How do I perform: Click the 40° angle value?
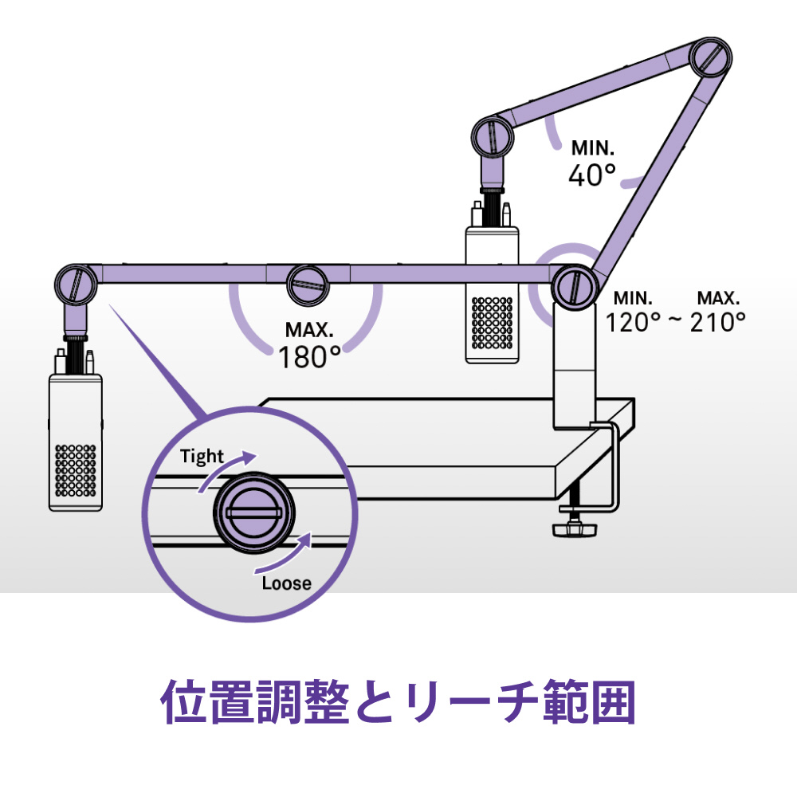click(x=592, y=175)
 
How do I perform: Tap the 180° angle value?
click(x=309, y=356)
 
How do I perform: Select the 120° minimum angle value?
click(x=634, y=322)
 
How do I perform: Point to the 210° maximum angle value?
click(x=718, y=322)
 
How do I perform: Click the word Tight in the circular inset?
click(x=202, y=457)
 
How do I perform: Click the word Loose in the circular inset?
click(x=287, y=583)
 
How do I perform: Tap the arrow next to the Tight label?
click(x=226, y=469)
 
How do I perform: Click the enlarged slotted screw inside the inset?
click(x=253, y=513)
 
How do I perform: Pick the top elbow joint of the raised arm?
click(x=711, y=57)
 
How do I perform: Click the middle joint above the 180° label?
click(x=308, y=285)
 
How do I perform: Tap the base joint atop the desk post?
click(x=574, y=286)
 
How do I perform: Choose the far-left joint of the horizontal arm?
click(x=76, y=285)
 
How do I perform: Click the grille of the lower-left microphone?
click(x=75, y=471)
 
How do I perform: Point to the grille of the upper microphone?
click(x=492, y=324)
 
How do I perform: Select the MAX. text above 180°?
click(x=309, y=330)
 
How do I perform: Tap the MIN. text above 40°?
click(x=593, y=148)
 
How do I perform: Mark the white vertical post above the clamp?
click(x=575, y=366)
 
